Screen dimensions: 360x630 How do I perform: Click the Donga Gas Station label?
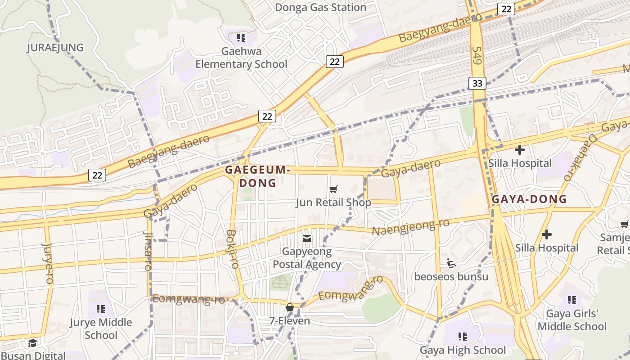pos(320,8)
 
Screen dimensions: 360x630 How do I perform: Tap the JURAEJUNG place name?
pos(55,48)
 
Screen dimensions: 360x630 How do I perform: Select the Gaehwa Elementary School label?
pos(241,58)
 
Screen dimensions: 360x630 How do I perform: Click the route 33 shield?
pos(477,83)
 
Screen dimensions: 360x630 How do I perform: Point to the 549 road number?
pos(477,55)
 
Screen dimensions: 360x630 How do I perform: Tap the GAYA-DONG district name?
pos(529,199)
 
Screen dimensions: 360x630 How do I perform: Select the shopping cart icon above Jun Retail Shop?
pos(333,189)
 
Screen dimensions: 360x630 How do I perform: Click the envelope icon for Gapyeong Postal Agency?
pos(307,238)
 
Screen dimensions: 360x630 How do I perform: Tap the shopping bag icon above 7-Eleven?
pos(290,308)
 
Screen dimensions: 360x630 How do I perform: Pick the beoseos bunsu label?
pos(451,276)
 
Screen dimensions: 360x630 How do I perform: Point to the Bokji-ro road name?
pos(233,249)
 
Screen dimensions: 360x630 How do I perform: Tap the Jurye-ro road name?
pos(48,263)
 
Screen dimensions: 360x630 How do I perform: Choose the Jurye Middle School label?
pos(101,329)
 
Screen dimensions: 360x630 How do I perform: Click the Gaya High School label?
pos(463,350)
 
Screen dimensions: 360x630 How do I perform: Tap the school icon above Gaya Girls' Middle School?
pos(572,300)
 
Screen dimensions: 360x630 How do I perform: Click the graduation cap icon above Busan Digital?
pos(32,343)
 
